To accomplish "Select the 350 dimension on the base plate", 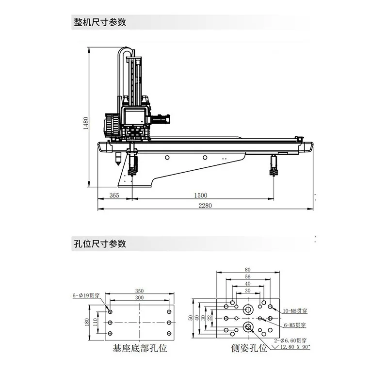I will click(x=140, y=291).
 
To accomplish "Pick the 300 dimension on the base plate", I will click(x=140, y=297).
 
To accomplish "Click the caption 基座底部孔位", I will click(x=140, y=349).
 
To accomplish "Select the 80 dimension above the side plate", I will click(x=247, y=270).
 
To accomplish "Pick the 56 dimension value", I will click(x=247, y=276).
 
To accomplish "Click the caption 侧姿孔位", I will click(x=249, y=349).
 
